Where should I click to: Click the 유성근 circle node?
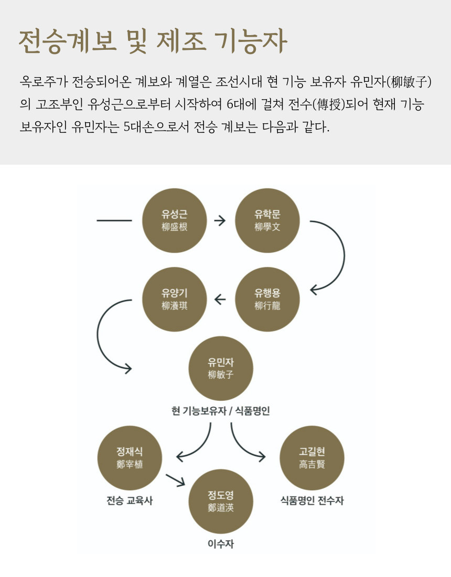(175, 220)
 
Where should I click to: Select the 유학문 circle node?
(267, 220)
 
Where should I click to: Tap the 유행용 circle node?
(267, 300)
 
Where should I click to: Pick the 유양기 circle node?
(175, 300)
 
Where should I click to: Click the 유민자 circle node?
(220, 368)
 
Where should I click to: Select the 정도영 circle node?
(220, 501)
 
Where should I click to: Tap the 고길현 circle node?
(312, 458)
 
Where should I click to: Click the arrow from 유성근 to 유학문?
(220, 220)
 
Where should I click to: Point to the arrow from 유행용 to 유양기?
(220, 300)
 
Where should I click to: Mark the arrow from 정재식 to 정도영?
(176, 478)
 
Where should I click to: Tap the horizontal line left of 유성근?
(114, 220)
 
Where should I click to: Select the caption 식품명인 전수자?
(312, 500)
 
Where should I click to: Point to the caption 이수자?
(220, 544)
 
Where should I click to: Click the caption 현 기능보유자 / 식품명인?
(220, 411)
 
